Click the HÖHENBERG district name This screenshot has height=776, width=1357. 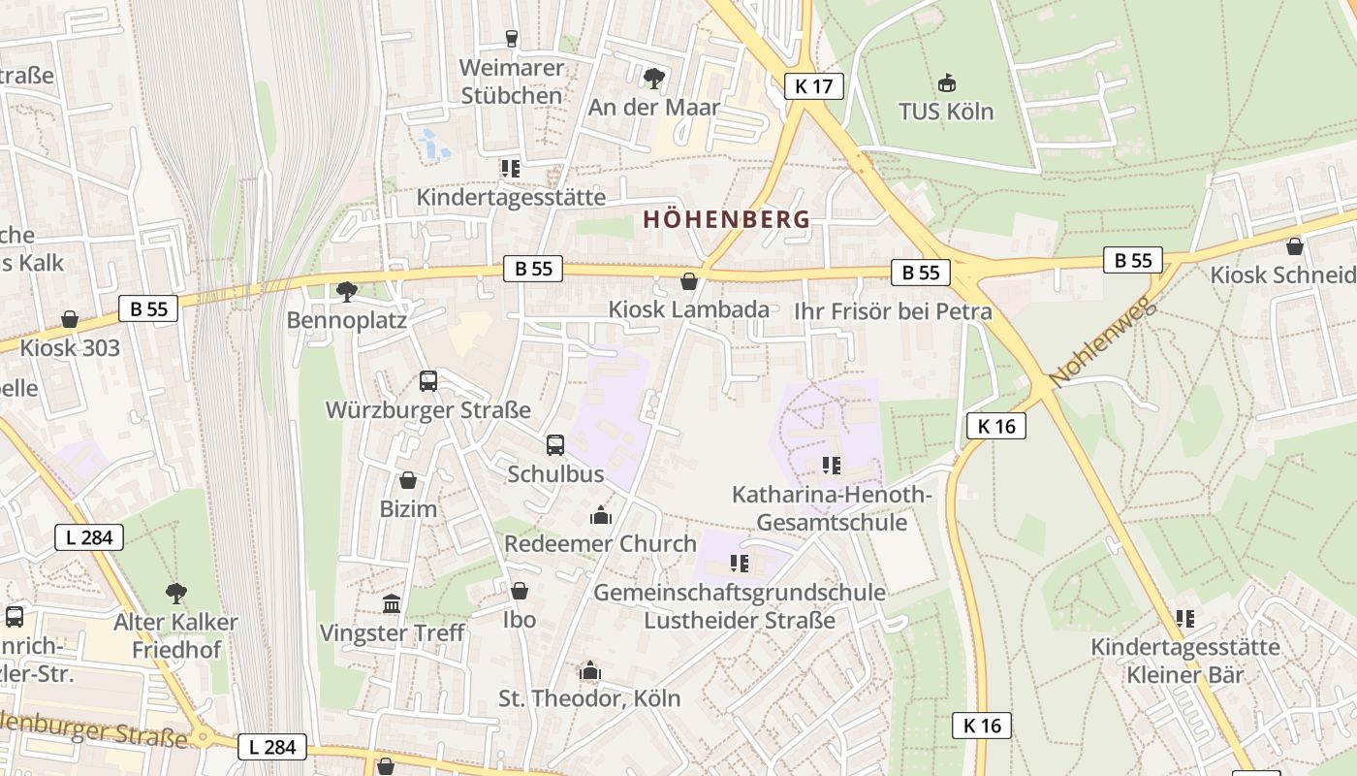[x=726, y=219]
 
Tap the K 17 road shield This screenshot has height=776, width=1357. [x=813, y=86]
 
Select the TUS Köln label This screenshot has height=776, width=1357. [x=946, y=112]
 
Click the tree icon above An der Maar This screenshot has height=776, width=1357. [x=654, y=78]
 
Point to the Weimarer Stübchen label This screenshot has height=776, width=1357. [x=511, y=82]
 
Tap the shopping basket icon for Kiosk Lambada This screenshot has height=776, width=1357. [x=689, y=281]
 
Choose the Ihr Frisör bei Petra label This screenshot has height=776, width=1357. [x=893, y=311]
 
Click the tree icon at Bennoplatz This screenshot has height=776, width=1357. [x=346, y=291]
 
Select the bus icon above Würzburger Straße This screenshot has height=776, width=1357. [x=428, y=381]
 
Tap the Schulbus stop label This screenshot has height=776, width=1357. [x=555, y=473]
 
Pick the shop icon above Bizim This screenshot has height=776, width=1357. [x=408, y=480]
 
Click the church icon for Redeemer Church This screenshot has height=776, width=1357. [x=601, y=515]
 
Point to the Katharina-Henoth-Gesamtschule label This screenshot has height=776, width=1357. [x=832, y=508]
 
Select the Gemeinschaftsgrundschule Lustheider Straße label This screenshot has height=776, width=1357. [x=740, y=605]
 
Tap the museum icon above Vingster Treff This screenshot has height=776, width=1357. [x=392, y=604]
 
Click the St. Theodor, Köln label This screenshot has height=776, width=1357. [x=589, y=697]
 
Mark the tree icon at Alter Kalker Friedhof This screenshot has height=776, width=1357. [x=176, y=593]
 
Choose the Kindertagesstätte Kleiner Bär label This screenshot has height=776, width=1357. [x=1185, y=660]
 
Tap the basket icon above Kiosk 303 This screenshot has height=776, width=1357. [x=70, y=319]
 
